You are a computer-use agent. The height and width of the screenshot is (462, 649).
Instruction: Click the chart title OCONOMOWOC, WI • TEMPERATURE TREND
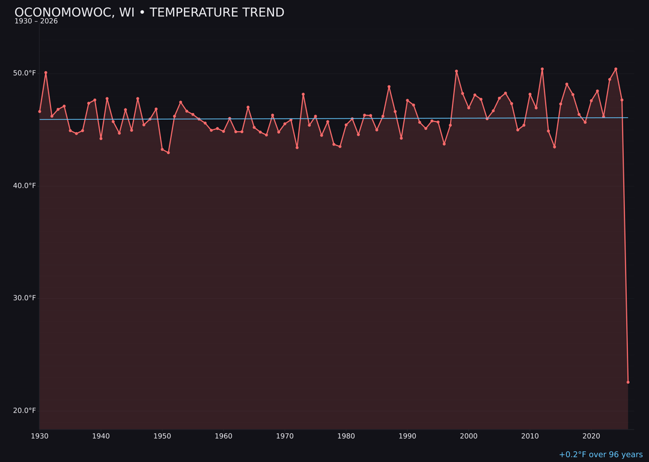point(149,13)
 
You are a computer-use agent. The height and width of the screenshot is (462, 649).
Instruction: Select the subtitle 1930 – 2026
point(36,22)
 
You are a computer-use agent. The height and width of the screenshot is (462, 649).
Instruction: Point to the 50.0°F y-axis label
point(25,73)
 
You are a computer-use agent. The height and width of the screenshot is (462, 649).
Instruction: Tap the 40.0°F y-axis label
point(25,186)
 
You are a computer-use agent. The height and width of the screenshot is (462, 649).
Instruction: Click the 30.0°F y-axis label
point(25,298)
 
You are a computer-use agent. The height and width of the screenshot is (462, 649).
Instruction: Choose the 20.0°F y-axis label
point(25,411)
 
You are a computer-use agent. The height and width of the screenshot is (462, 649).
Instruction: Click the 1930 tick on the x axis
point(40,436)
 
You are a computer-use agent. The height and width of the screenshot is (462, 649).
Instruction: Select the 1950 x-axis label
point(162,436)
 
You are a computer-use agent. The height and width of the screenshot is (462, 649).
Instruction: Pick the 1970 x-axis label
point(285,436)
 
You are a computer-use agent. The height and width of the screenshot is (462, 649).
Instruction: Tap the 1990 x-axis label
point(407,436)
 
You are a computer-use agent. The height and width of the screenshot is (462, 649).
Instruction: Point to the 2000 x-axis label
point(469,436)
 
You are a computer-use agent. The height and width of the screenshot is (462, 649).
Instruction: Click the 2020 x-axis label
point(591,436)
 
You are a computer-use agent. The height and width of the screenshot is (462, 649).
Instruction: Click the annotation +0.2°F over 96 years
point(600,455)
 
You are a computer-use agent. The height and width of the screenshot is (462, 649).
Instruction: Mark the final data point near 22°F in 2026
point(628,382)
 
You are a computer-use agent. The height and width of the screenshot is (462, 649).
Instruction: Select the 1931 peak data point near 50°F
point(46,73)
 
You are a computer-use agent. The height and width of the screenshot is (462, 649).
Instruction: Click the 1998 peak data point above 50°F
point(456,71)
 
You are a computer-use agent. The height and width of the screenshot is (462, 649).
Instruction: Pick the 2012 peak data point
point(542,69)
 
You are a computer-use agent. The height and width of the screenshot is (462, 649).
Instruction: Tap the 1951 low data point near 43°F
point(168,153)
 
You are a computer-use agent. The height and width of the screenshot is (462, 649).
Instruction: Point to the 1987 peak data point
point(389,87)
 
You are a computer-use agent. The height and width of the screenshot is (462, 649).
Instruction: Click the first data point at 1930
point(40,111)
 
